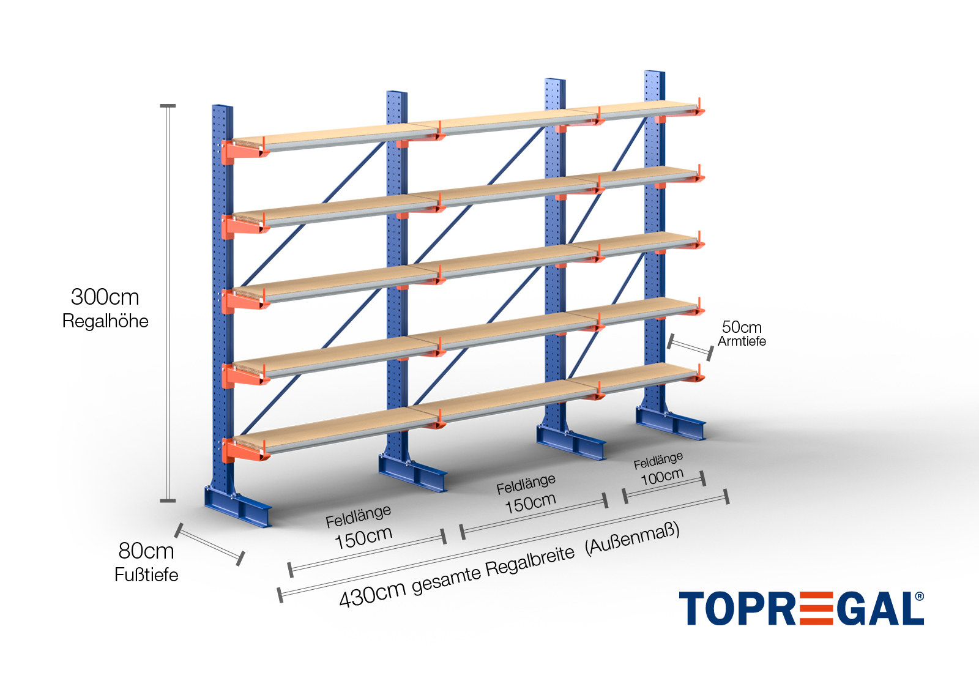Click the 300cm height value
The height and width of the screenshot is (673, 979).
pos(105,297)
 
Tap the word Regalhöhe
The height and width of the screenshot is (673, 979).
pos(105,321)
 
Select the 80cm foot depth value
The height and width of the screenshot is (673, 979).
pos(146,551)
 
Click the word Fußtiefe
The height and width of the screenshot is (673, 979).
pos(146,575)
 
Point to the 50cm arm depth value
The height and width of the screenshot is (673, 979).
pos(742,327)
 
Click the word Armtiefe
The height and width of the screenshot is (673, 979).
pos(742,341)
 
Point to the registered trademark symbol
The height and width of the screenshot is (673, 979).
pos(920,597)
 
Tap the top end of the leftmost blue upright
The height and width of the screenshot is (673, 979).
pos(222,109)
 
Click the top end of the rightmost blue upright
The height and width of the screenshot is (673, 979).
pos(654,75)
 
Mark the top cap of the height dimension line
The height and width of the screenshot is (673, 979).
pos(168,106)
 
